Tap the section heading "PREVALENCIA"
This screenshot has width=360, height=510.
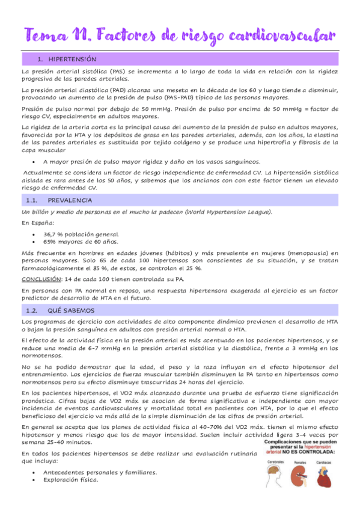coord(70,200)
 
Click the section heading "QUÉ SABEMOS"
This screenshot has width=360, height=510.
coord(72,310)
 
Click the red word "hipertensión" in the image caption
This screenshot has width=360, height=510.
coord(326,448)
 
